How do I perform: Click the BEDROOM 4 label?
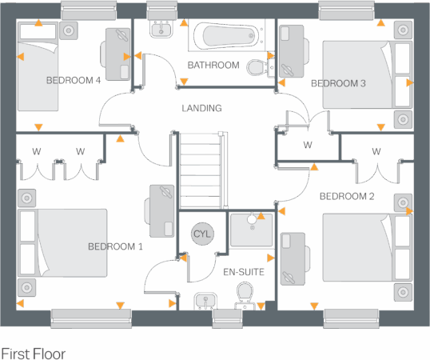pyautogui.click(x=73, y=80)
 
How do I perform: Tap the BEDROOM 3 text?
pyautogui.click(x=337, y=83)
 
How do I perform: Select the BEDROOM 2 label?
pyautogui.click(x=347, y=196)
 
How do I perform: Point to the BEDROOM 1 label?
pyautogui.click(x=115, y=246)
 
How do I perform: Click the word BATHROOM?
pyautogui.click(x=213, y=65)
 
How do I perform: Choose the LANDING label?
pyautogui.click(x=201, y=108)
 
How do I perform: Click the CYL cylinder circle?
pyautogui.click(x=203, y=234)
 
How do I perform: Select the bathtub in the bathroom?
pyautogui.click(x=229, y=35)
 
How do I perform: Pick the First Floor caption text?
pyautogui.click(x=34, y=353)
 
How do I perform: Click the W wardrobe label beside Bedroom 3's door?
pyautogui.click(x=308, y=146)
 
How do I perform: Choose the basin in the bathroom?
pyautogui.click(x=162, y=30)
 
